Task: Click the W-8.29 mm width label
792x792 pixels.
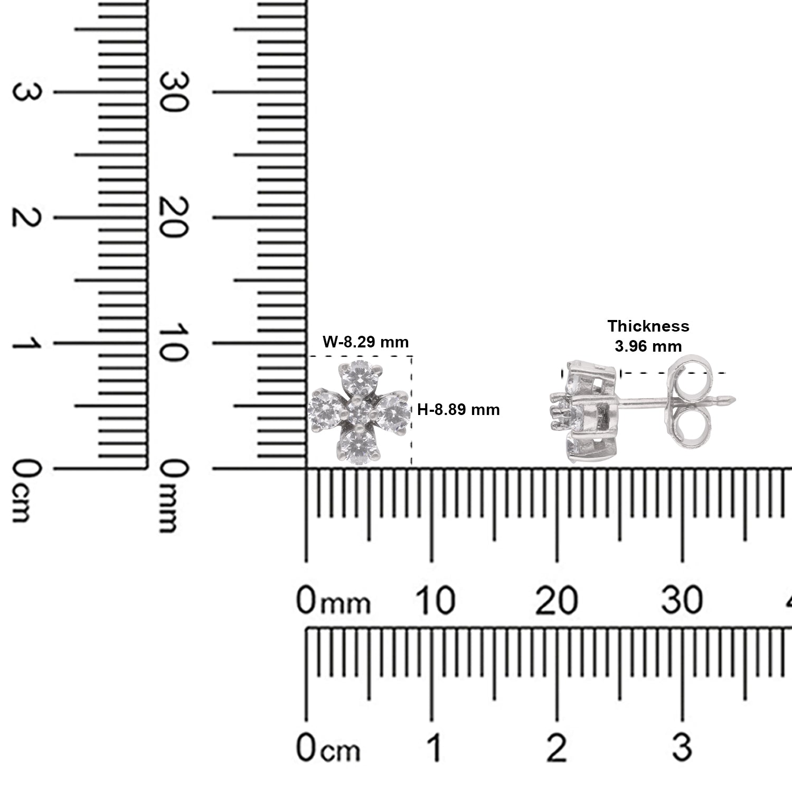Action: click(366, 342)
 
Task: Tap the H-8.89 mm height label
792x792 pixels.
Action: click(458, 409)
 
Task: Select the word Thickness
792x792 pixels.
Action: click(648, 326)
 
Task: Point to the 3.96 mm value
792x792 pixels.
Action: click(648, 346)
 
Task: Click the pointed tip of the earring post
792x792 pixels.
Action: click(735, 399)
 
